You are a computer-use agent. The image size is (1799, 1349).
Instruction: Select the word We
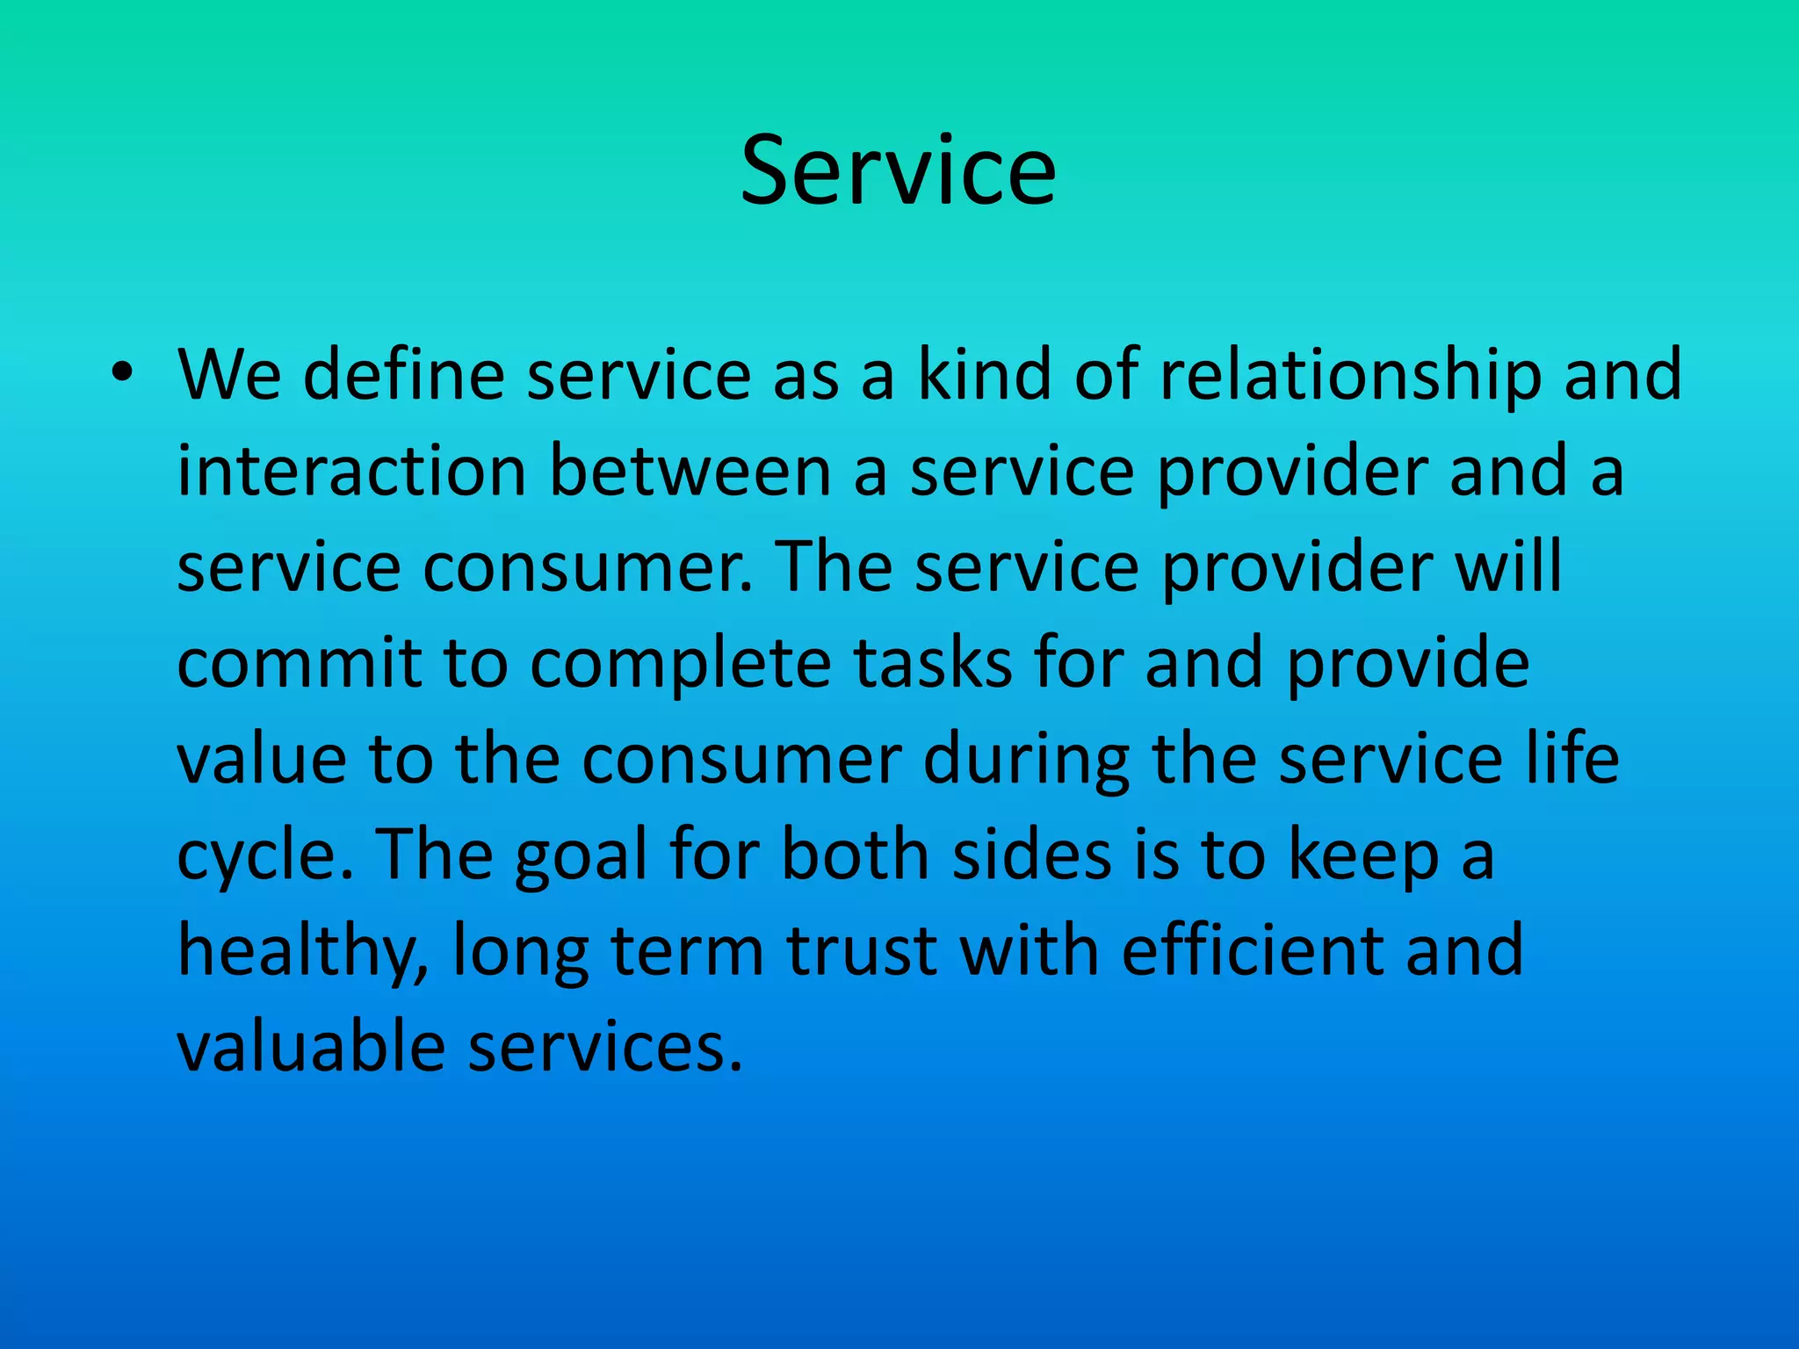click(229, 375)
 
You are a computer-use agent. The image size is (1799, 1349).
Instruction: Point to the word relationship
click(1350, 375)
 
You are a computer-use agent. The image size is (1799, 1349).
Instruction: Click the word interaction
click(351, 472)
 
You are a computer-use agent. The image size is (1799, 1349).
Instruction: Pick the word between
click(690, 472)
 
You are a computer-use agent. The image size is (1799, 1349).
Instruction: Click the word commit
click(299, 663)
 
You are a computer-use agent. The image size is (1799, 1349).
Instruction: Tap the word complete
click(681, 663)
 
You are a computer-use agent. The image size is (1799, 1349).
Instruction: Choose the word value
click(262, 760)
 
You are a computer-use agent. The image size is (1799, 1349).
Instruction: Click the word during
click(1026, 760)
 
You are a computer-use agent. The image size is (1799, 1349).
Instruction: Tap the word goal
click(581, 856)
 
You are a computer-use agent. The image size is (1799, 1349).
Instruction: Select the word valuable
click(311, 1048)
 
